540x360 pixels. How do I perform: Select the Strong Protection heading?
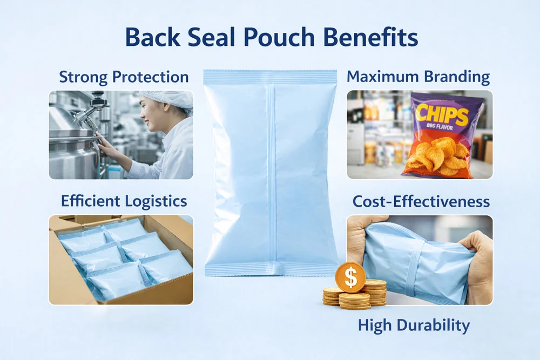pyautogui.click(x=124, y=77)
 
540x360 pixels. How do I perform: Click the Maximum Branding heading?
pyautogui.click(x=418, y=77)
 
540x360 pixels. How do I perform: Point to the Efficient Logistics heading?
pyautogui.click(x=124, y=201)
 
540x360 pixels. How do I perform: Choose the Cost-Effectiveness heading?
pyautogui.click(x=421, y=201)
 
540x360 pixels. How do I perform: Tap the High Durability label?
pyautogui.click(x=413, y=325)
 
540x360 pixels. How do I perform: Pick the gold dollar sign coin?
pyautogui.click(x=350, y=277)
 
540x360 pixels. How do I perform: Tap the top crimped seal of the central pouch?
pyautogui.click(x=271, y=76)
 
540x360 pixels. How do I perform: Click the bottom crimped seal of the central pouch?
pyautogui.click(x=272, y=269)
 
